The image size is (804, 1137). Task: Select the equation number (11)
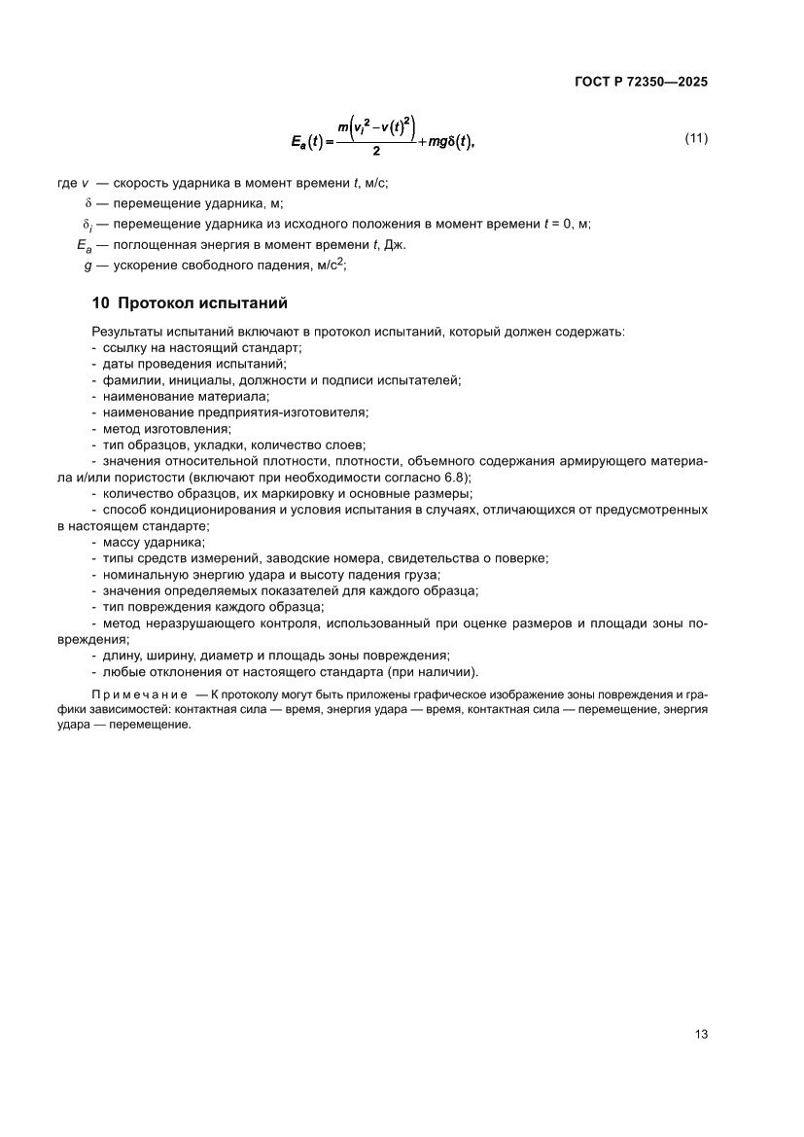coord(696,138)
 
